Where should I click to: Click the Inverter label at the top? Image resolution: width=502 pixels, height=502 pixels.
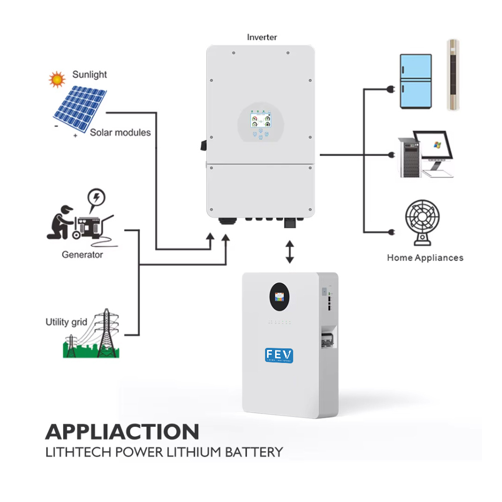(262, 37)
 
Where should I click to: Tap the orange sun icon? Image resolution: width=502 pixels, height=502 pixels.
(57, 79)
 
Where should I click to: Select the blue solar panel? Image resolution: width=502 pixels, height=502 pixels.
(80, 107)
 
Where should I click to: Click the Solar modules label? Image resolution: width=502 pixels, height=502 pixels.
(120, 133)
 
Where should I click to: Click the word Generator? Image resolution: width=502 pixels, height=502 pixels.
(82, 255)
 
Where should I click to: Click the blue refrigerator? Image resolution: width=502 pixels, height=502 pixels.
(416, 81)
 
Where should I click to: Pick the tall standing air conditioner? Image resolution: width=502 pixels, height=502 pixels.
(453, 75)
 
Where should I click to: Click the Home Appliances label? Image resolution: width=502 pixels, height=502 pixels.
(425, 258)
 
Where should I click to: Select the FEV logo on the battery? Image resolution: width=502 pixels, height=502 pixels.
(279, 355)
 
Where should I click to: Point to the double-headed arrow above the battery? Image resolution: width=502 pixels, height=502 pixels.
(290, 252)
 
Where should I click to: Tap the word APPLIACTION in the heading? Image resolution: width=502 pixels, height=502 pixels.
(122, 432)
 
